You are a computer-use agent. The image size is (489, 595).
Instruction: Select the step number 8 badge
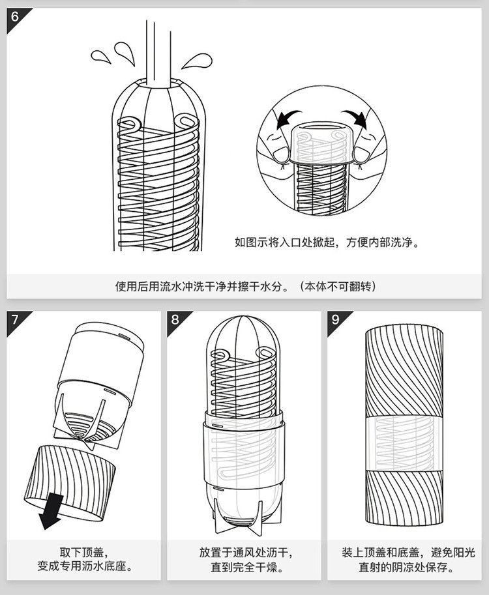tap(175, 320)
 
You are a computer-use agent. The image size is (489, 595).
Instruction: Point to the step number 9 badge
tap(336, 320)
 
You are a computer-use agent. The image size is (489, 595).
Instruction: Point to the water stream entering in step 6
tap(158, 49)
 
